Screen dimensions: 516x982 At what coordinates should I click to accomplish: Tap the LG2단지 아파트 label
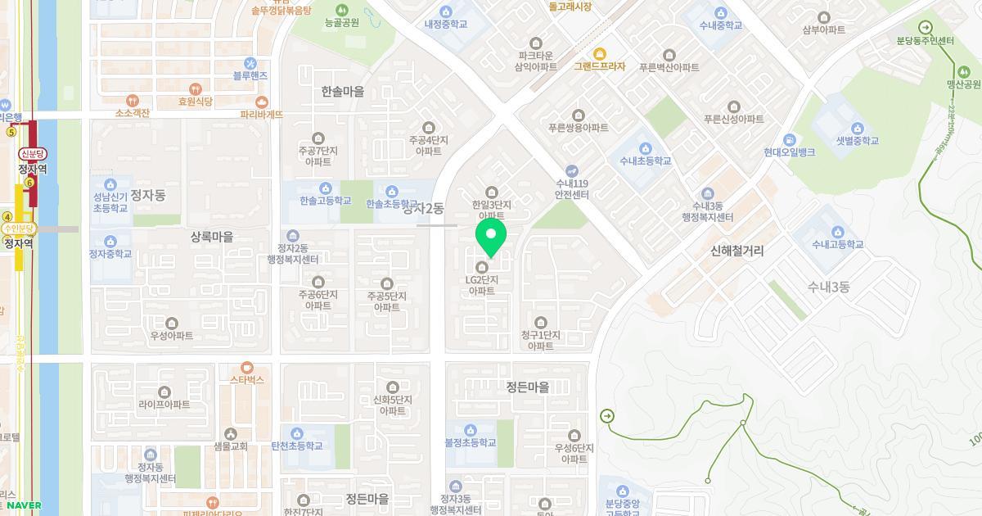(482, 285)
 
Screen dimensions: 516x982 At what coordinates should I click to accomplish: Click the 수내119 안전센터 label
(572, 189)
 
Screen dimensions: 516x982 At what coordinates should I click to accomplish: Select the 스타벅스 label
(246, 380)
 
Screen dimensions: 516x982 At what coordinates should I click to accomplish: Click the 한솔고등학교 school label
(325, 201)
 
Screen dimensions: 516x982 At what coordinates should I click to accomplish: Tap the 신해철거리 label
(736, 251)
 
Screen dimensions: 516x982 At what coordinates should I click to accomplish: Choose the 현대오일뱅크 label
(789, 152)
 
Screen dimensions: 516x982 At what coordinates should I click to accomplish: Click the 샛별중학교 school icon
(857, 129)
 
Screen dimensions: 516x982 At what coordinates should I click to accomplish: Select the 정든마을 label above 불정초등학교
(527, 387)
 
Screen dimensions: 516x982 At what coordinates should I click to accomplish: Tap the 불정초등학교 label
(470, 443)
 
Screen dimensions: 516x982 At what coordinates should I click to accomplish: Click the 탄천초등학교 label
(296, 446)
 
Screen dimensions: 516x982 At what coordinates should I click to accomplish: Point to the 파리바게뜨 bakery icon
(262, 102)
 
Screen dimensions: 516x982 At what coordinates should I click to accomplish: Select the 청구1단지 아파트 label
(540, 341)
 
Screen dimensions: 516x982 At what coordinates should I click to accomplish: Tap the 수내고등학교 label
(837, 244)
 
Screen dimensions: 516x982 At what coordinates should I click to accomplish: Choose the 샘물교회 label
(230, 446)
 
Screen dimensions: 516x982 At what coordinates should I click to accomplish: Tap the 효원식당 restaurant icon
(195, 88)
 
